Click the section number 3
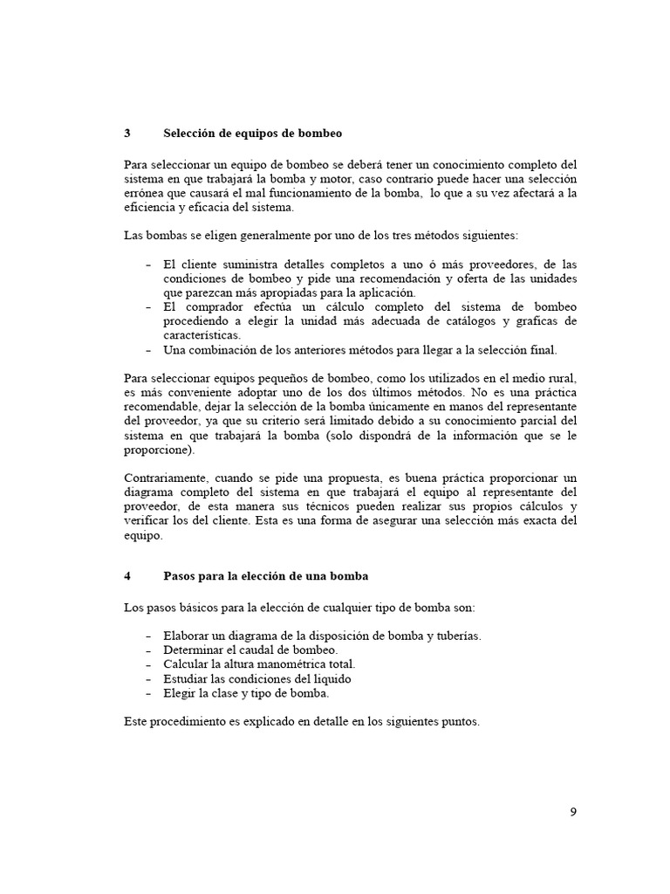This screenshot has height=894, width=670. tap(127, 134)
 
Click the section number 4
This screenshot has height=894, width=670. tap(127, 576)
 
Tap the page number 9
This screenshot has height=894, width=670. tap(573, 812)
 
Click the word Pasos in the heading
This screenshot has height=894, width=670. tap(181, 576)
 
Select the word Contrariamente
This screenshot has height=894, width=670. tap(166, 479)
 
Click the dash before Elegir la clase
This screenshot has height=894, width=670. tap(146, 692)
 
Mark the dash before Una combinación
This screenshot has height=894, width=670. tap(146, 350)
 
